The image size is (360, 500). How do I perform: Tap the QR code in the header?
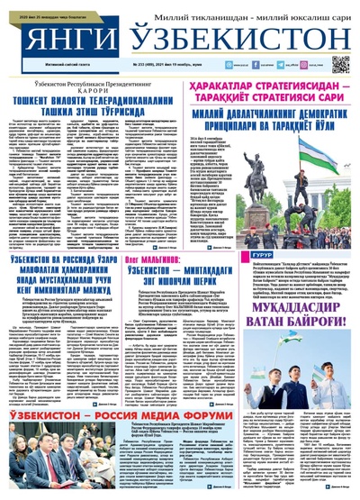339,64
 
